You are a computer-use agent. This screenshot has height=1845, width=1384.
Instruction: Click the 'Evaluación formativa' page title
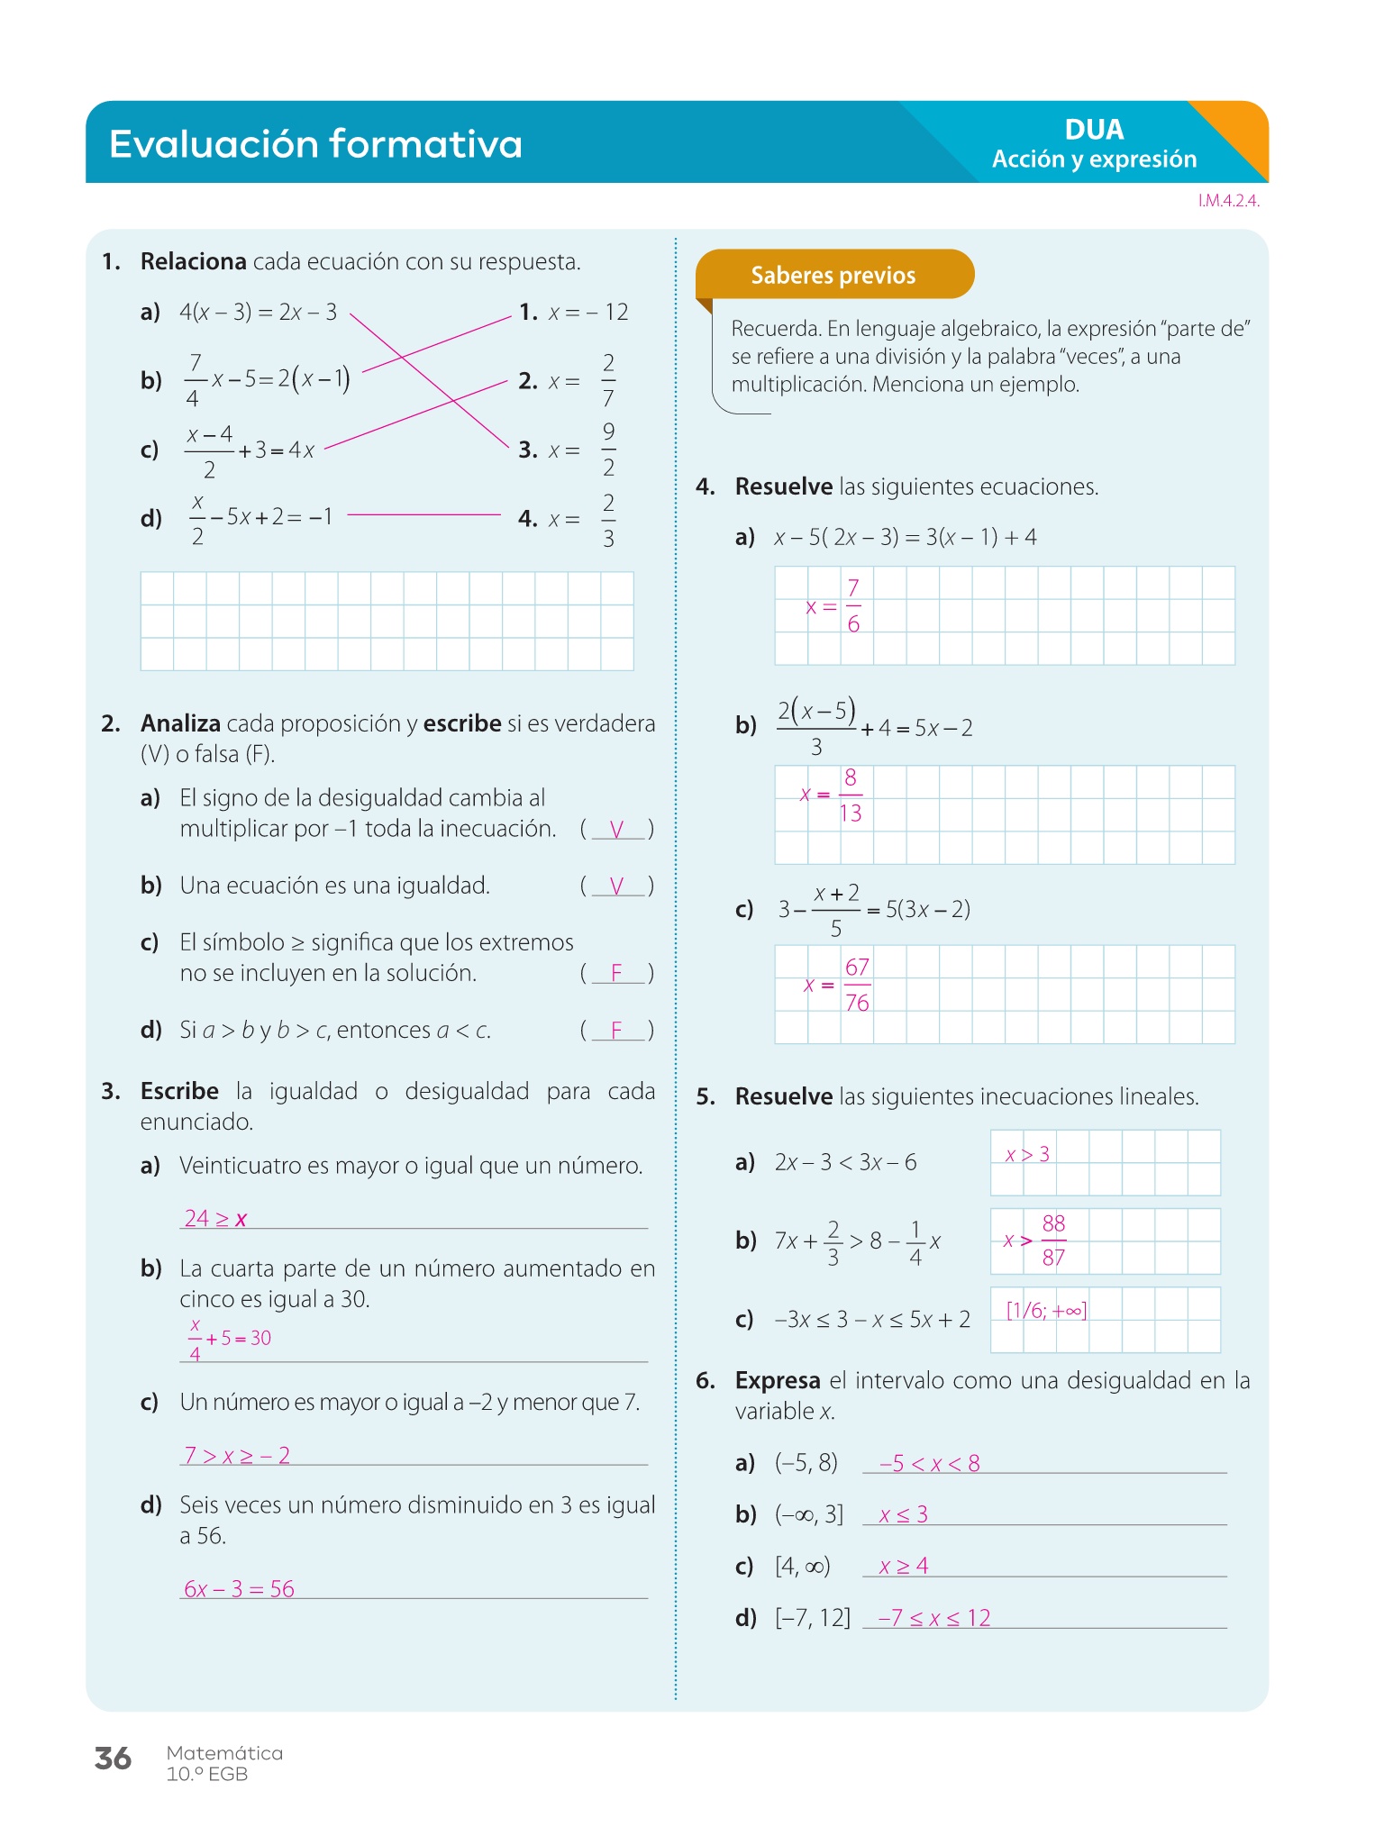pos(315,144)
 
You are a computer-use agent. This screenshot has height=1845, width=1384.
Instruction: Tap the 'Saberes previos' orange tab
pos(833,275)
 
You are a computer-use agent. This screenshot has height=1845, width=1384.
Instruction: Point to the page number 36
pos(113,1759)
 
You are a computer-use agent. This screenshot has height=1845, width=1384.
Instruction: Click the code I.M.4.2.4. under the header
pos(1228,201)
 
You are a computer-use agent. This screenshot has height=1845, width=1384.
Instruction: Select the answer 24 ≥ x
pos(215,1219)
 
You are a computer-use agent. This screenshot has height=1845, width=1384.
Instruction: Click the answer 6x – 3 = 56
pos(239,1589)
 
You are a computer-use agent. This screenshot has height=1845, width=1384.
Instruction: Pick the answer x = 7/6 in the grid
pos(834,606)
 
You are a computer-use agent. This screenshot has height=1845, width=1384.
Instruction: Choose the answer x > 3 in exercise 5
pos(1027,1154)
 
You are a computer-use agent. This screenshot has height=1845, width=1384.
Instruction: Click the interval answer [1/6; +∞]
pos(1046,1311)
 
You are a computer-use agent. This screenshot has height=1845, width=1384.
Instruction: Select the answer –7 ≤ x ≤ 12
pos(934,1618)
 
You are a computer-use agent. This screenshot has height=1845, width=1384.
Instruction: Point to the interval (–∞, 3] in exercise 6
pos(809,1514)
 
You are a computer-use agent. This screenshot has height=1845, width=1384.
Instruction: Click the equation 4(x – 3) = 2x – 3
pos(258,313)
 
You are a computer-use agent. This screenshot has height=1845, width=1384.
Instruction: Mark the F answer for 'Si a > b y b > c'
pos(616,1030)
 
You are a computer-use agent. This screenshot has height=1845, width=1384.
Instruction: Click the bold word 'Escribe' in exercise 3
pos(179,1091)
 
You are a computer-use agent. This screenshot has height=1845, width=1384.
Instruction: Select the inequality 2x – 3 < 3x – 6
pos(845,1162)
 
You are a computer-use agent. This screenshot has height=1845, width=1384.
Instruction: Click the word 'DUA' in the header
pos(1094,130)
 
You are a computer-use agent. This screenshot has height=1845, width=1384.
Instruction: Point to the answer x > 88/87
pos(1035,1241)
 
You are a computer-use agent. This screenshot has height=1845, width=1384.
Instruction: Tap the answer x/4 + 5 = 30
pos(229,1339)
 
